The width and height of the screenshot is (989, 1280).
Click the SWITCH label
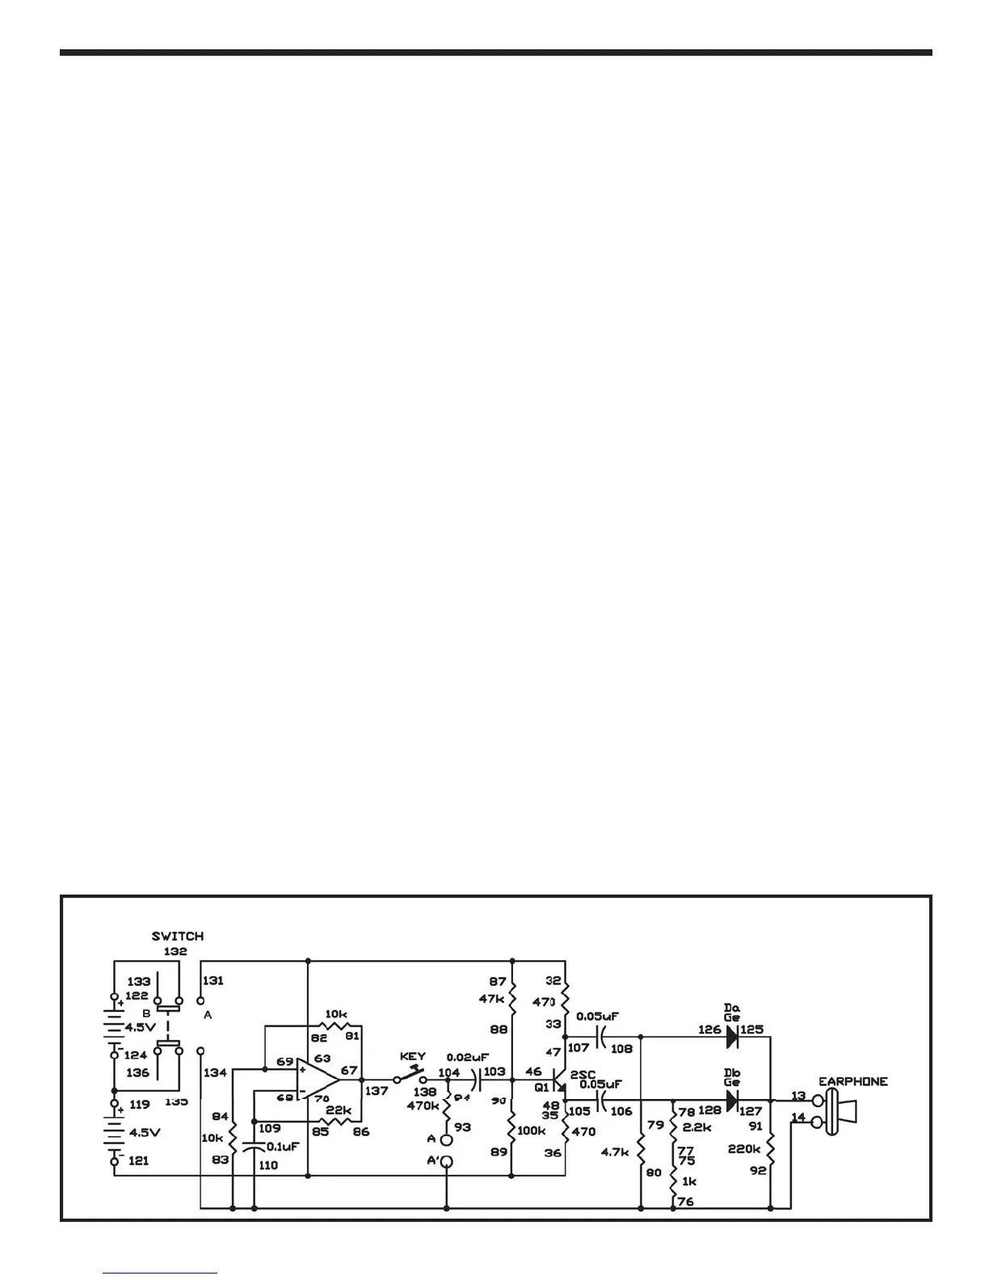(x=178, y=936)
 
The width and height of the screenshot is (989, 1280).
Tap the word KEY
(x=412, y=1056)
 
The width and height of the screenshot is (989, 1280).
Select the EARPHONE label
(x=852, y=1081)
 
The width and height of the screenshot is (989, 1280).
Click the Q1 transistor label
(x=541, y=1087)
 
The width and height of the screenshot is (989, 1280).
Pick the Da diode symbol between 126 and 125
(x=732, y=1037)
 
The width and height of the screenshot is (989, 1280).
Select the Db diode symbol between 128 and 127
(x=732, y=1101)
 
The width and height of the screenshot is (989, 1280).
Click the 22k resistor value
(x=339, y=1110)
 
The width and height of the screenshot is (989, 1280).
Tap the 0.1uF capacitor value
(x=282, y=1146)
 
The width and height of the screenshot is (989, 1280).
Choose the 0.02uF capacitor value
(x=468, y=1056)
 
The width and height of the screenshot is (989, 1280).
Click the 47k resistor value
(x=491, y=998)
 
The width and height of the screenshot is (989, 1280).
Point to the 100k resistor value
(x=530, y=1131)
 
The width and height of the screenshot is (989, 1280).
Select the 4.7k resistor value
(x=615, y=1152)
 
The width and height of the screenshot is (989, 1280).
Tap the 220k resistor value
(x=744, y=1148)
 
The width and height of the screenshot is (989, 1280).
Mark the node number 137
(x=377, y=1091)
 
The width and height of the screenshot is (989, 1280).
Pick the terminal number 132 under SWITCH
(x=175, y=951)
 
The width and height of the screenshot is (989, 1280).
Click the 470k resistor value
(x=423, y=1105)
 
